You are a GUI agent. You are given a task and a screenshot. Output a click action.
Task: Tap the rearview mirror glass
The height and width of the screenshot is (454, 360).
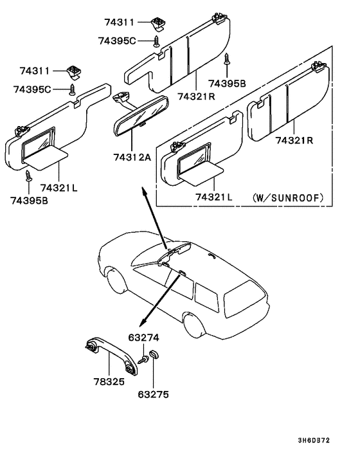[x=140, y=116]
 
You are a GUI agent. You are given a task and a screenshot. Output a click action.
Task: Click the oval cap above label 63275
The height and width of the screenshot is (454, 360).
[x=154, y=355]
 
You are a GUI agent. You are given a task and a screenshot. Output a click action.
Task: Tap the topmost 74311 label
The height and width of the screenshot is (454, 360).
[x=120, y=22]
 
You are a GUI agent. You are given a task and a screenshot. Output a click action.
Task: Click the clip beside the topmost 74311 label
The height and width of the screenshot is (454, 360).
[x=157, y=24]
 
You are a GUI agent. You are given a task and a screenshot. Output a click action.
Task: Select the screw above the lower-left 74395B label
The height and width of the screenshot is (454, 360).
[x=29, y=176]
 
